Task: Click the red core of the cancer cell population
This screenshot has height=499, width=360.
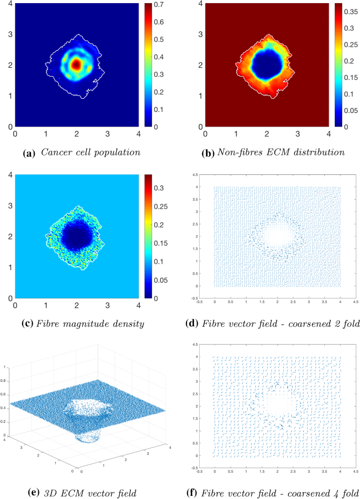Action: click(x=76, y=65)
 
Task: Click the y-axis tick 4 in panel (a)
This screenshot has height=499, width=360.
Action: click(x=9, y=4)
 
